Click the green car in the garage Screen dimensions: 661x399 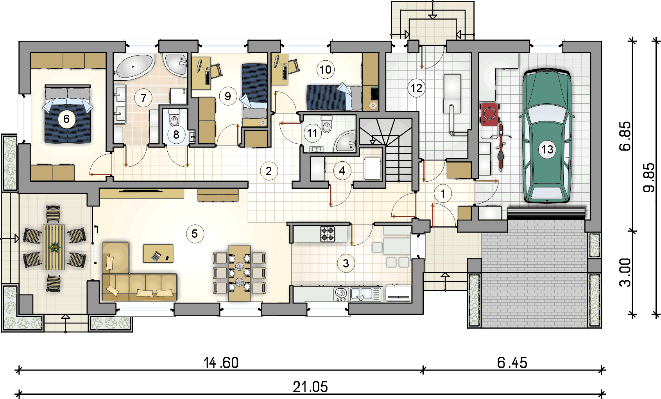pyautogui.click(x=546, y=136)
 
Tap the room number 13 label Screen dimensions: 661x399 pyautogui.click(x=547, y=150)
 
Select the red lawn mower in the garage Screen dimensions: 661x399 pyautogui.click(x=489, y=114)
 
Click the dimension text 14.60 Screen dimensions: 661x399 pyautogui.click(x=221, y=363)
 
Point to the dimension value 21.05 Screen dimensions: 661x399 pyautogui.click(x=310, y=387)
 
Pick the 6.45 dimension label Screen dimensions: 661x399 pyautogui.click(x=512, y=363)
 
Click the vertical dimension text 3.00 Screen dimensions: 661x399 pyautogui.click(x=625, y=273)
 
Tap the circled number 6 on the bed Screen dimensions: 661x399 pyautogui.click(x=66, y=119)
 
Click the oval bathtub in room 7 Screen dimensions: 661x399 pyautogui.click(x=134, y=67)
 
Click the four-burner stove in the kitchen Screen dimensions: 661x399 pyautogui.click(x=328, y=234)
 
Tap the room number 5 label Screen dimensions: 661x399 pyautogui.click(x=195, y=234)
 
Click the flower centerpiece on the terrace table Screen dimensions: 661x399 pyautogui.click(x=55, y=247)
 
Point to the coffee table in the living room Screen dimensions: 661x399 pyautogui.click(x=158, y=253)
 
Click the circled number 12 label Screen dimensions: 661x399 pyautogui.click(x=416, y=88)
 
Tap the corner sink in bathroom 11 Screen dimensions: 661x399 pyautogui.click(x=345, y=142)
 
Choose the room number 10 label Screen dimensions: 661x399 pyautogui.click(x=326, y=70)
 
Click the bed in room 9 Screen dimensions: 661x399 pyautogui.click(x=254, y=95)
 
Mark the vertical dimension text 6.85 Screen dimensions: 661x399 pyautogui.click(x=625, y=136)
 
